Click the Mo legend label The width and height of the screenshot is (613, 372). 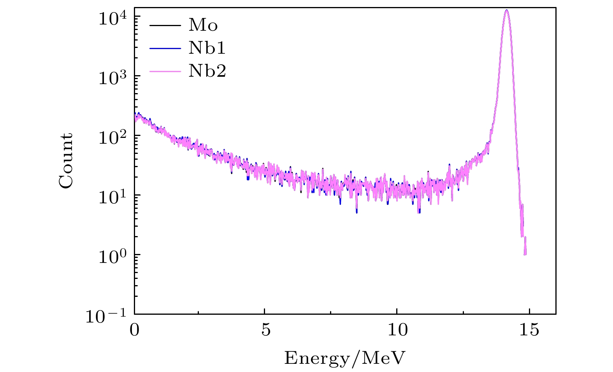tap(203, 26)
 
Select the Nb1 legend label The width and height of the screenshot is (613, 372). tap(207, 48)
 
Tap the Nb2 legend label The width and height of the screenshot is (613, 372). tap(207, 71)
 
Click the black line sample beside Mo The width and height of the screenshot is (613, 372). tap(165, 26)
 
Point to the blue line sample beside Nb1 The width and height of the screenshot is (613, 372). tap(165, 48)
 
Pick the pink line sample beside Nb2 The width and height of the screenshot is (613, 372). tap(165, 71)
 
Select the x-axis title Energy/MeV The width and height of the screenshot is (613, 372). tap(345, 358)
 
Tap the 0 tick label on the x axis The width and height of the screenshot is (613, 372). tap(134, 330)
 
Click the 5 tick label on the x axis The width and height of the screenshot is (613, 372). tap(265, 330)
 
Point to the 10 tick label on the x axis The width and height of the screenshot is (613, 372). tap(397, 330)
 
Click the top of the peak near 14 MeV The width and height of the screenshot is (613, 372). tap(506, 11)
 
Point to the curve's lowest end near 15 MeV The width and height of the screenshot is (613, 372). tap(525, 254)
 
